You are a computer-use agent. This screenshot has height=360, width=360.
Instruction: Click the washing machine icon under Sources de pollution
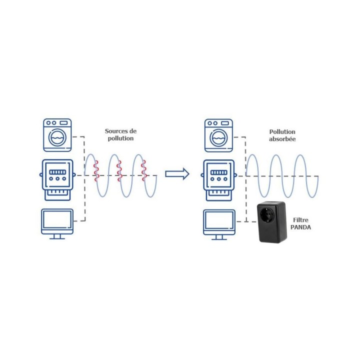[57, 134]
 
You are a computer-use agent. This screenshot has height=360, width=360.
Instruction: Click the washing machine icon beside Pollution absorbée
[218, 134]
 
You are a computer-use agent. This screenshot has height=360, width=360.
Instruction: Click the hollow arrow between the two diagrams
[177, 174]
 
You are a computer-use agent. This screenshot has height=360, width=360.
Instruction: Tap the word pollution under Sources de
[120, 138]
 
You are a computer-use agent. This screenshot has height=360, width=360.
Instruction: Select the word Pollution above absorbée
[282, 132]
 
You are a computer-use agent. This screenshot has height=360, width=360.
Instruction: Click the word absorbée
[282, 139]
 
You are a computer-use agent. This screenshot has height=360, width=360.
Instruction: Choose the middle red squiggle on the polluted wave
[119, 170]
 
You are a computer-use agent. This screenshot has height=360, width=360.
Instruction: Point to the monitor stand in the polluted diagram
[57, 236]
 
